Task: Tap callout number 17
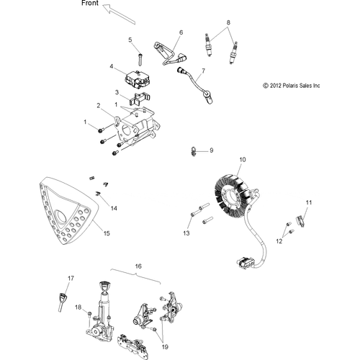tap(71, 278)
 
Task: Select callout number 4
tap(112, 66)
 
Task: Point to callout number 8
tap(229, 23)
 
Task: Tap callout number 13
tap(186, 234)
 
